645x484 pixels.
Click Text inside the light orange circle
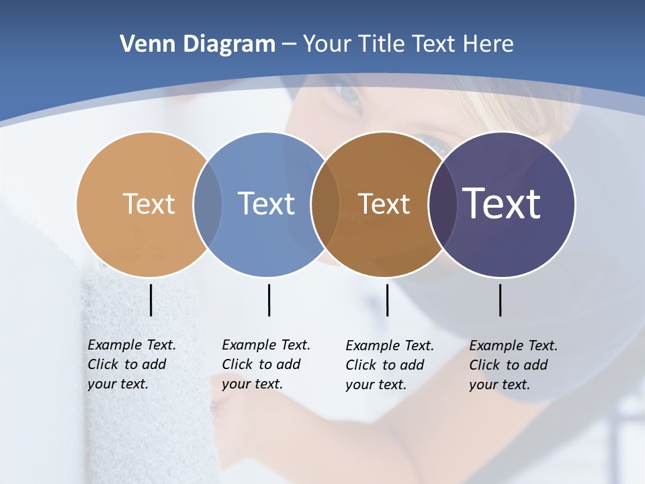coord(148,204)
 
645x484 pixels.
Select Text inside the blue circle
coord(266,204)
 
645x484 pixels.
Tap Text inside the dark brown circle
coord(384,204)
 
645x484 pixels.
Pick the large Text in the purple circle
coord(502,204)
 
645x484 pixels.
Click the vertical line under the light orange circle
coord(150,300)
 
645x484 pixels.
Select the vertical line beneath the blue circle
coord(269,300)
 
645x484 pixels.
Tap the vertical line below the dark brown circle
coord(387,300)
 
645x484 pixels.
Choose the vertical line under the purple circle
coord(500,300)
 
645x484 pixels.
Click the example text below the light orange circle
coord(131,364)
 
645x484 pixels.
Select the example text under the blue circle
coord(265,364)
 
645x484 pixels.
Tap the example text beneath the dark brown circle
coord(389,365)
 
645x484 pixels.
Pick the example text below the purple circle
coord(513,365)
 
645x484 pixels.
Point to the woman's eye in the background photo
coord(349,96)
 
